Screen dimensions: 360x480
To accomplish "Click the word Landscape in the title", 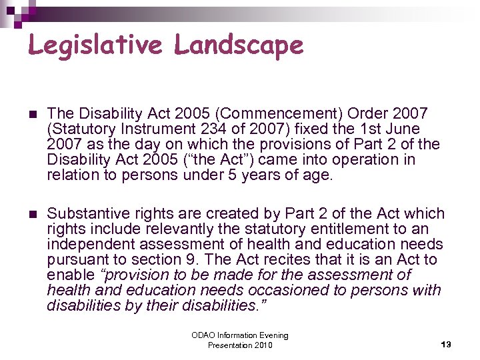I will (239, 45).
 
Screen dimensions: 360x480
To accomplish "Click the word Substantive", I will (87, 214).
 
